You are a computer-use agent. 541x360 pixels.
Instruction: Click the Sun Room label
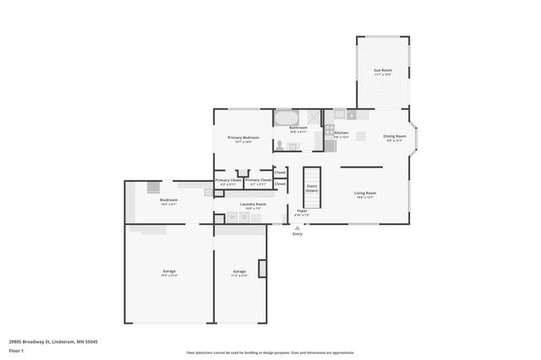point(383,71)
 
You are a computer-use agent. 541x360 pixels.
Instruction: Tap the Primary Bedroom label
point(243,138)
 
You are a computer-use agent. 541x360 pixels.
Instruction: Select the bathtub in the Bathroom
point(286,117)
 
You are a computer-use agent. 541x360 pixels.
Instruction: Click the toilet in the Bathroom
point(280,145)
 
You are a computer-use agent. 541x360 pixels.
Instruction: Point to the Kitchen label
point(342,133)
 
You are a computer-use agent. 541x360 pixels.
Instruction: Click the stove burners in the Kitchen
point(330,131)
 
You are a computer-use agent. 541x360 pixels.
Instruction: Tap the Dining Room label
point(396,137)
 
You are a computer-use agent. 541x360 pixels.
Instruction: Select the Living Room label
point(365,194)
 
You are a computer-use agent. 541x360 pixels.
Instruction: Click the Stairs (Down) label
point(311,188)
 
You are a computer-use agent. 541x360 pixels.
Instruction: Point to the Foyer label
point(302,212)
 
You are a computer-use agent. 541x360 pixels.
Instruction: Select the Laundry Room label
point(253,205)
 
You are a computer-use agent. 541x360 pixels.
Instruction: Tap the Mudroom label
point(168,201)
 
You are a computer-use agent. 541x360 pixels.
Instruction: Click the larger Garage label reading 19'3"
point(169,272)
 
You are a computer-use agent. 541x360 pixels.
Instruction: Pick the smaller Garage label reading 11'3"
point(239,272)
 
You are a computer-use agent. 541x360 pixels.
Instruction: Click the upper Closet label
point(280,172)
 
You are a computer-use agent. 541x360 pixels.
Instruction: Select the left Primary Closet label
point(228,180)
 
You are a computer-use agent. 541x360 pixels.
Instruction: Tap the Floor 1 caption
point(16,350)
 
